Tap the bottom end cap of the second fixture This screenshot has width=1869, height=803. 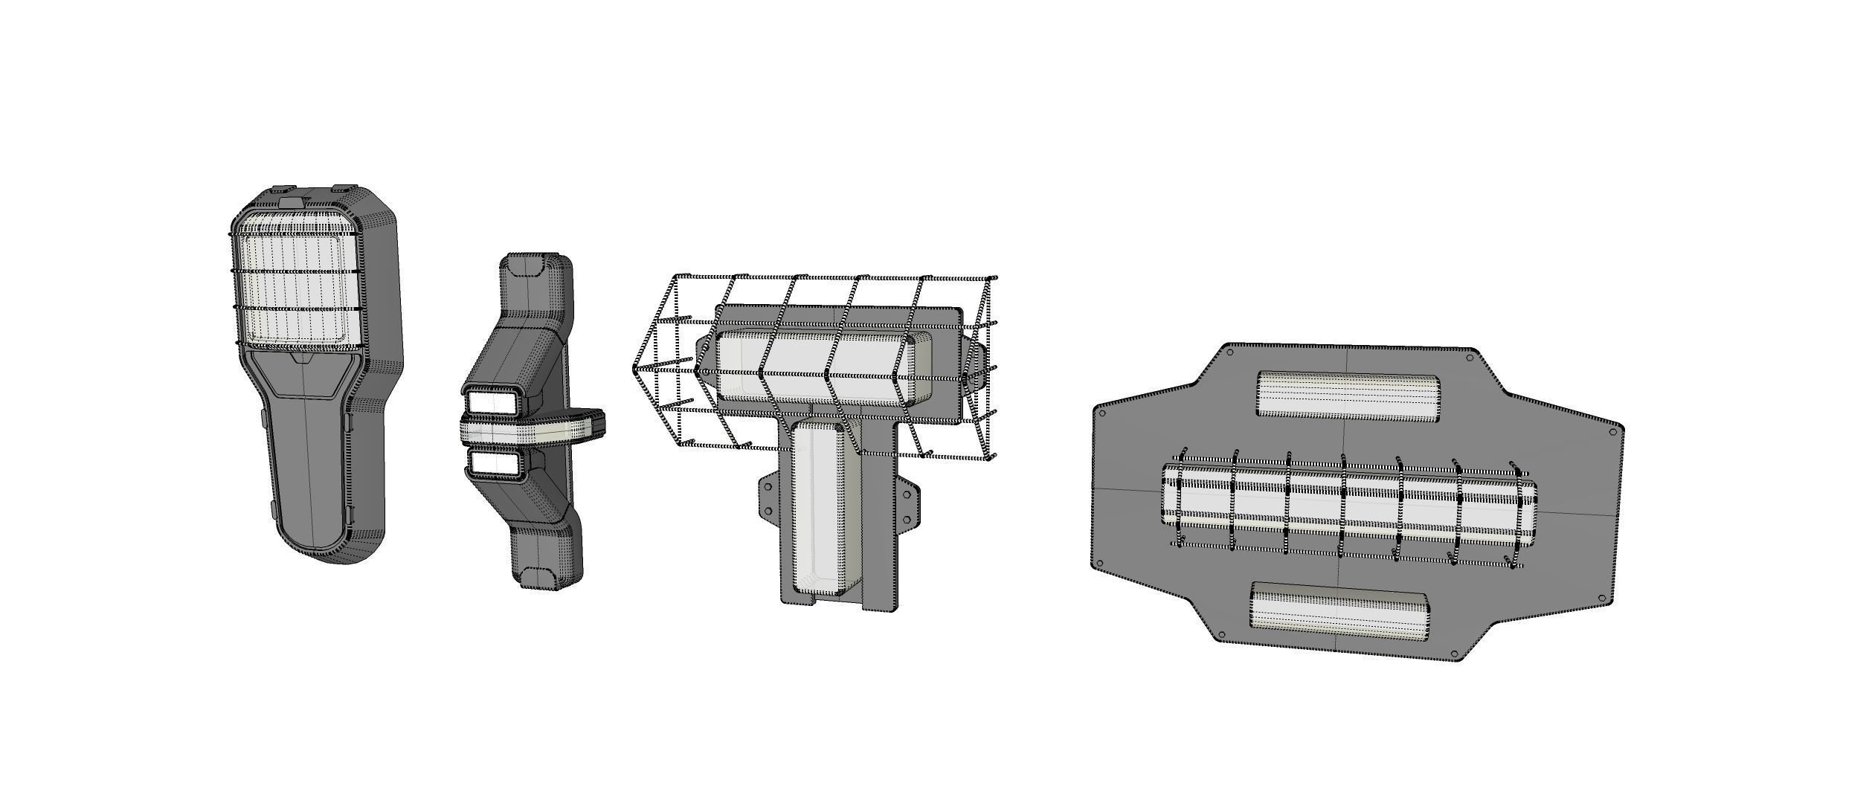[536, 577]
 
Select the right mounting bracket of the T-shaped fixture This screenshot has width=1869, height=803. [907, 505]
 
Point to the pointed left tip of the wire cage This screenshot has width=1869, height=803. [634, 368]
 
